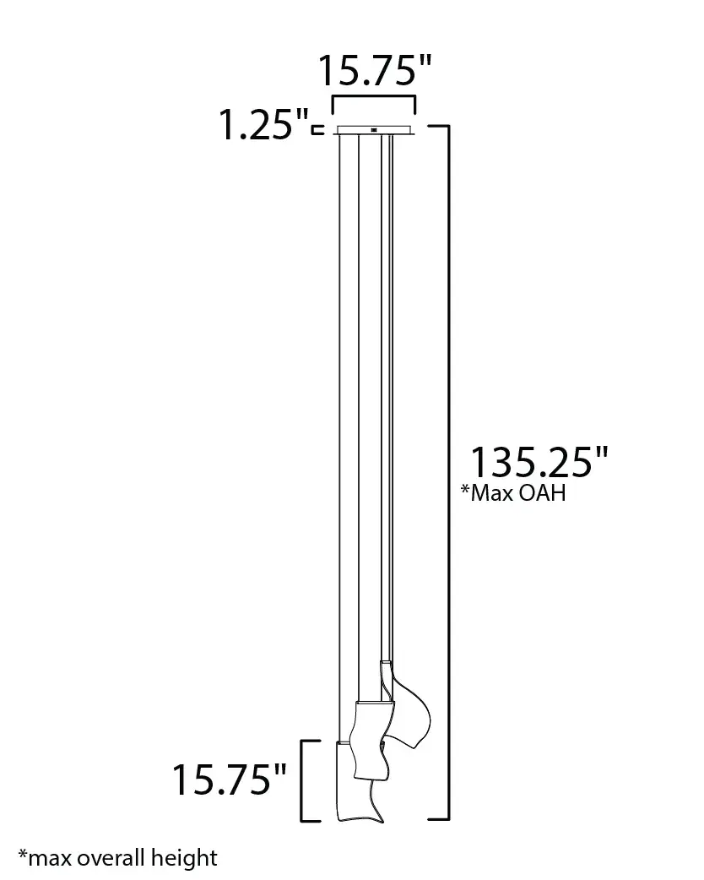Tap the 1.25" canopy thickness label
(263, 124)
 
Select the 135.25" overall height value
(539, 463)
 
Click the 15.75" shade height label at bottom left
(229, 780)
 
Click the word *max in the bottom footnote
(45, 858)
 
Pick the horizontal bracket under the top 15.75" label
(374, 98)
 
